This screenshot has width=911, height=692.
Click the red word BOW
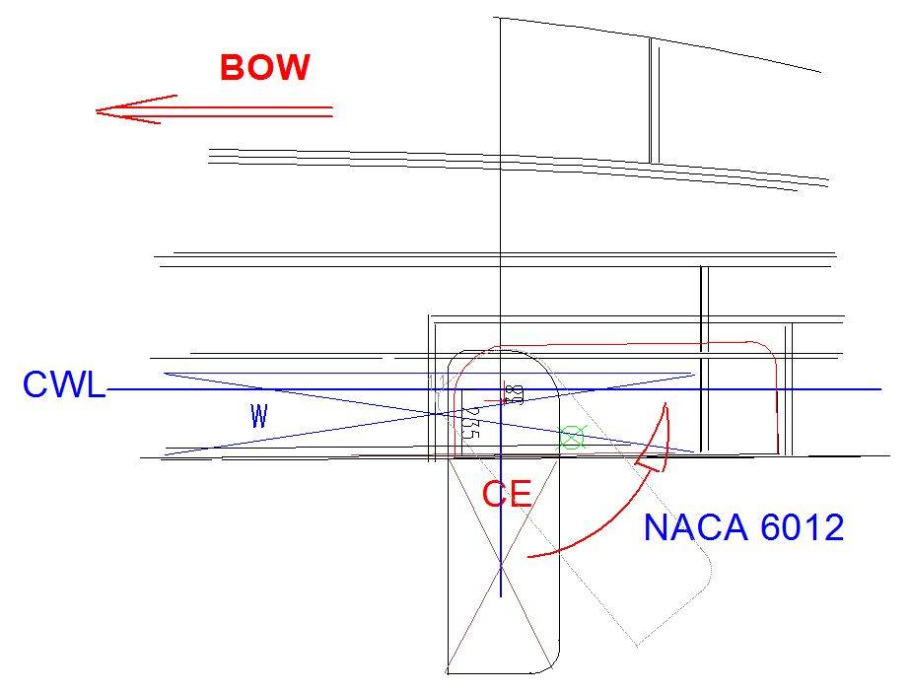pos(264,68)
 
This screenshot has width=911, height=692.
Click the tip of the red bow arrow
pos(98,110)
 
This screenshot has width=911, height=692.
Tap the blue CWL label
pos(63,385)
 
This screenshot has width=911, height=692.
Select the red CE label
pos(508,493)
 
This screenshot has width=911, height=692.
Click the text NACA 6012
pos(743,528)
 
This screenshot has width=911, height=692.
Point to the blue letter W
pos(259,417)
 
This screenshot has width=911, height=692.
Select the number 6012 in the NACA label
pos(803,528)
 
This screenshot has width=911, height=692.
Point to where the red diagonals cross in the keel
pos(501,566)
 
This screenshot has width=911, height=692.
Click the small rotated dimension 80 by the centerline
pos(513,394)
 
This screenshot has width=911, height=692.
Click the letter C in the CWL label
pos(35,385)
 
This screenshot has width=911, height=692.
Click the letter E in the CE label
pos(521,493)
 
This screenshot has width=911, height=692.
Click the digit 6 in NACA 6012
pos(771,528)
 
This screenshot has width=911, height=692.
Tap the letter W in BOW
pos(293,68)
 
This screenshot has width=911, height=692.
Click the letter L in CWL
pos(95,385)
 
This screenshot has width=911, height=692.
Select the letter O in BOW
pos(260,68)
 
